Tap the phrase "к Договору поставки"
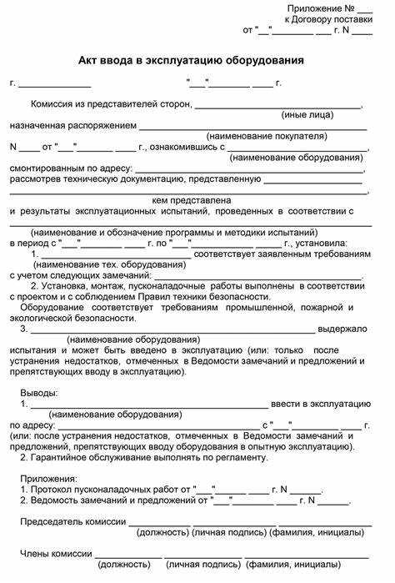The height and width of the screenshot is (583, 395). tap(327, 18)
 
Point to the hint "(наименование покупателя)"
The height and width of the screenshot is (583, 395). tap(267, 136)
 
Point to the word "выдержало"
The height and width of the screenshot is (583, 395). tap(343, 329)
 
